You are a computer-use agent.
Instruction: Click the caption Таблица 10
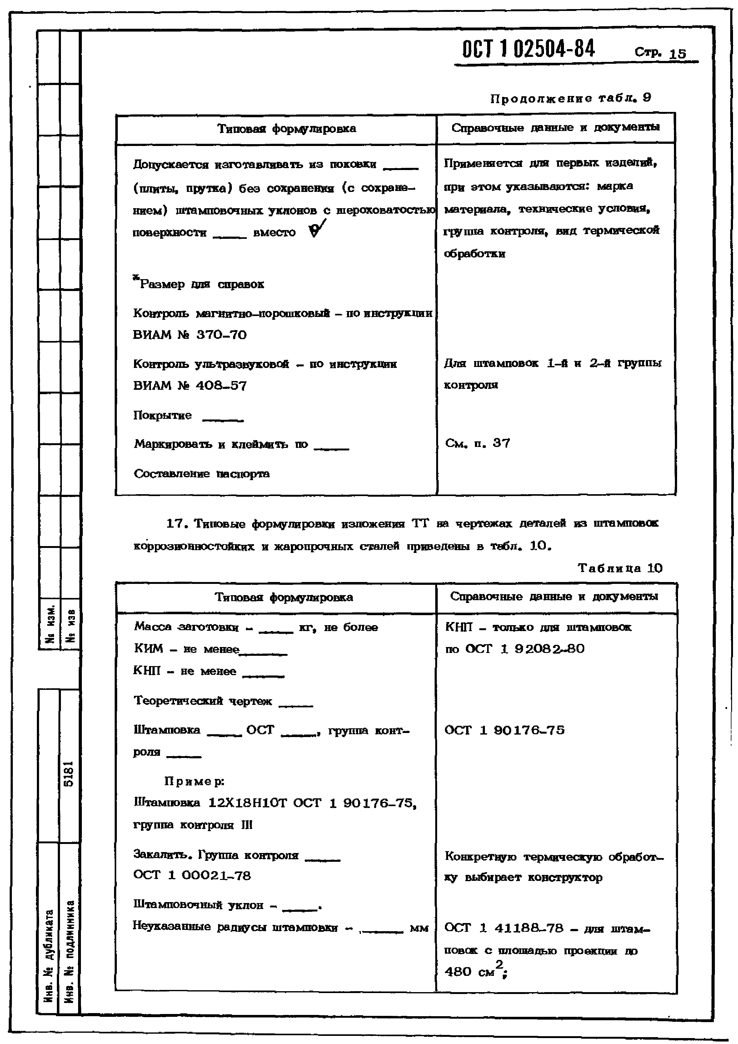[x=620, y=568]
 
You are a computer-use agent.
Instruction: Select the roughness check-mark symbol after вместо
[x=317, y=229]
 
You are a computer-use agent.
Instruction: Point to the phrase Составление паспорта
[x=202, y=474]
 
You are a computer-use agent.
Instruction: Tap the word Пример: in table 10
[x=194, y=781]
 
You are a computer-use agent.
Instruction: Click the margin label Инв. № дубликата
[x=49, y=955]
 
